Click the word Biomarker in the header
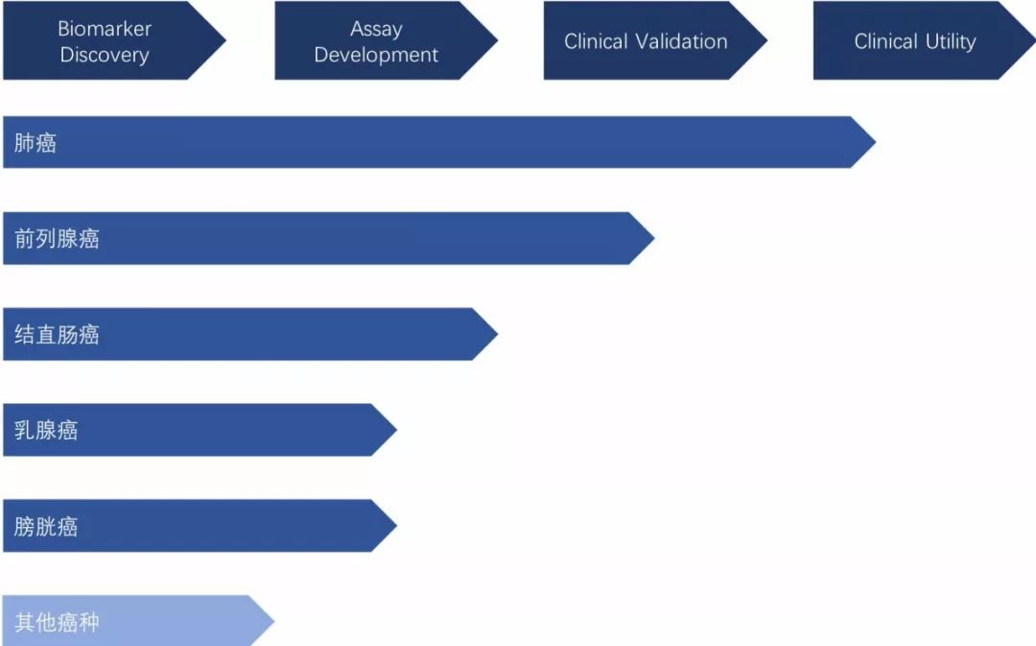pyautogui.click(x=105, y=29)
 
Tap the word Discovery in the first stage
pyautogui.click(x=105, y=55)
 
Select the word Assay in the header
pyautogui.click(x=376, y=29)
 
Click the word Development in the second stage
pyautogui.click(x=376, y=55)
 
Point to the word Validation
pyautogui.click(x=682, y=41)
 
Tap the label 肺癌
pyautogui.click(x=35, y=143)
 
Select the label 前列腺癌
pyautogui.click(x=57, y=239)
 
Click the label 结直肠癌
pyautogui.click(x=57, y=335)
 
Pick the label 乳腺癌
pyautogui.click(x=46, y=430)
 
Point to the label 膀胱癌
pyautogui.click(x=46, y=526)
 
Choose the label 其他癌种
pyautogui.click(x=57, y=622)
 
